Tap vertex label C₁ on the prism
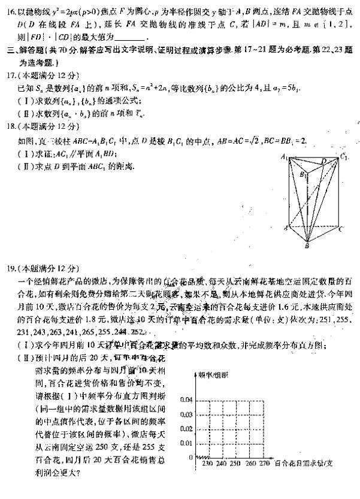click(x=343, y=157)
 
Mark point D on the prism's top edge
click(x=324, y=160)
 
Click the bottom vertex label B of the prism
click(x=307, y=246)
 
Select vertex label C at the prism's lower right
click(x=341, y=228)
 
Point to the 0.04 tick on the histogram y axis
click(x=186, y=400)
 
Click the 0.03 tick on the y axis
click(x=186, y=414)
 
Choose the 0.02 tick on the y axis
click(x=186, y=428)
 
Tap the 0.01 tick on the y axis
click(x=186, y=443)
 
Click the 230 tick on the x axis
click(x=208, y=463)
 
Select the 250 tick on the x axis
click(x=234, y=463)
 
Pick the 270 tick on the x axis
click(x=262, y=463)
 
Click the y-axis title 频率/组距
click(x=213, y=374)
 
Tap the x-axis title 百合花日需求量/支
click(x=302, y=463)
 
